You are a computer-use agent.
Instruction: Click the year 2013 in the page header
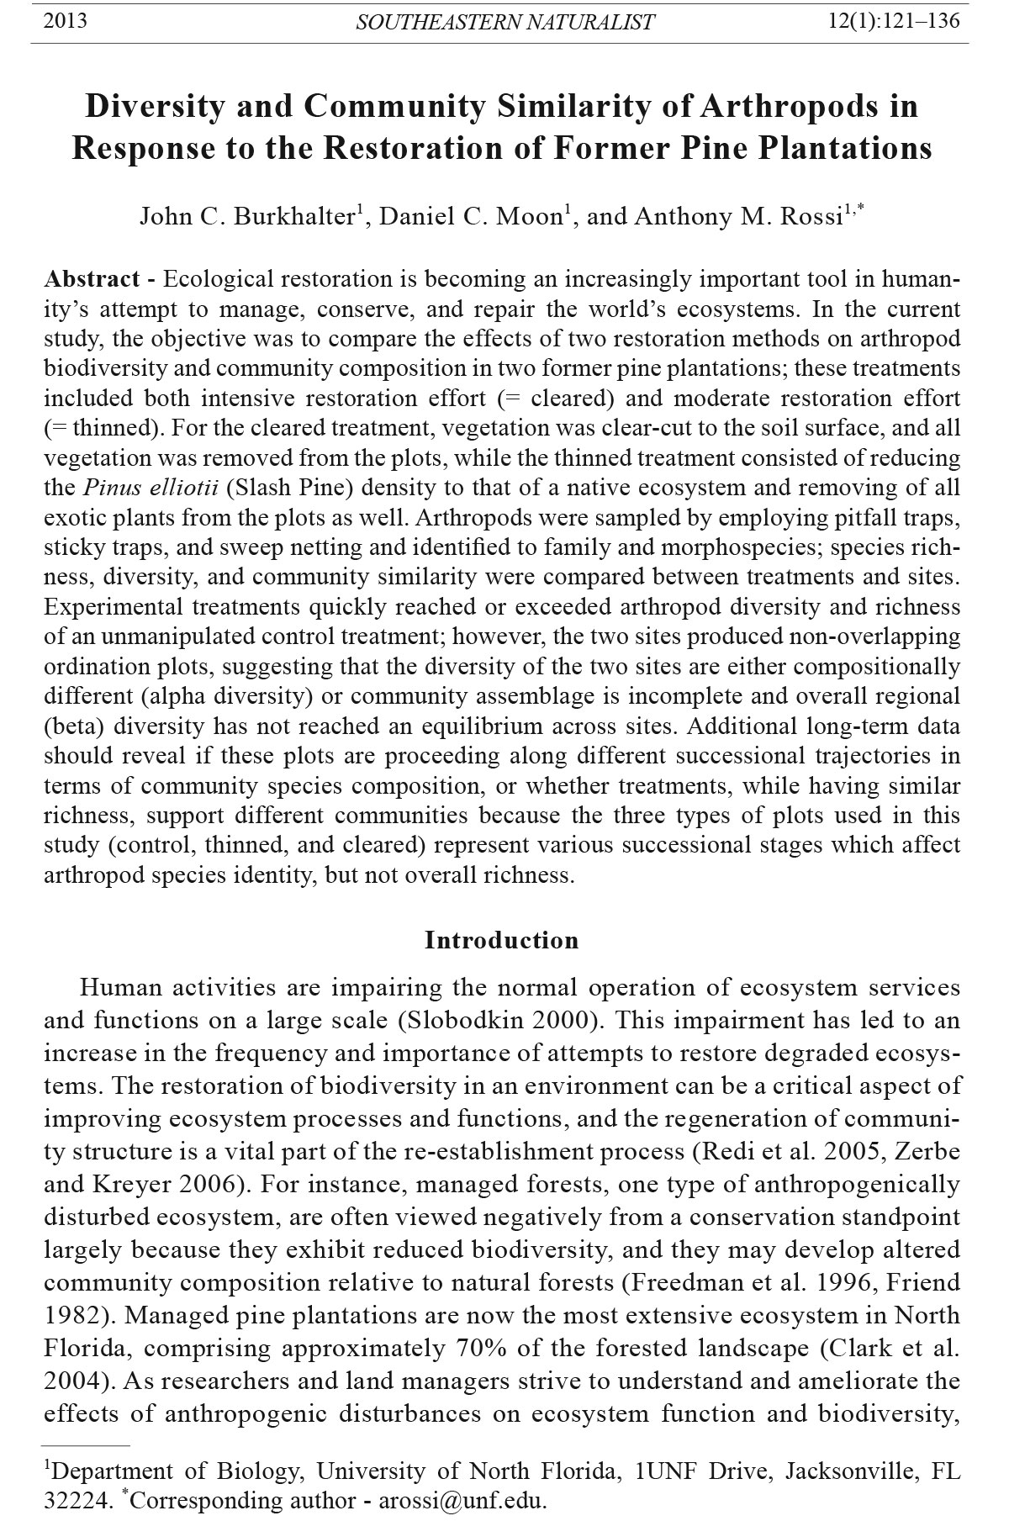65,21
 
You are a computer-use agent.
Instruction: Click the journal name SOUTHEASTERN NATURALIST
504,23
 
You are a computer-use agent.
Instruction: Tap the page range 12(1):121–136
894,21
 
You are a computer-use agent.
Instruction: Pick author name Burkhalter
293,217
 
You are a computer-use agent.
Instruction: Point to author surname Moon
528,217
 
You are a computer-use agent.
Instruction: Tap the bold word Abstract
92,279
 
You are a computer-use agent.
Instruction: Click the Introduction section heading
502,940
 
